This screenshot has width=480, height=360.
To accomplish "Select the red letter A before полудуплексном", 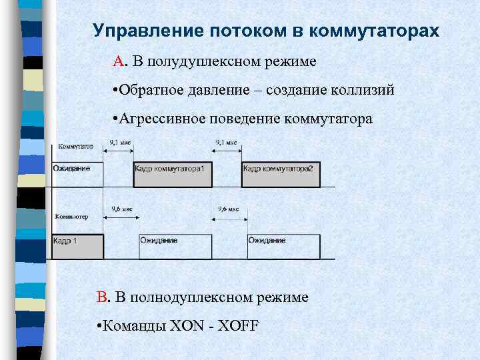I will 119,62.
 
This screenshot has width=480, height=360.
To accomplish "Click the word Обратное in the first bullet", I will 148,90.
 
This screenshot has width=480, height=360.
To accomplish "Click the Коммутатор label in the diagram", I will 75,146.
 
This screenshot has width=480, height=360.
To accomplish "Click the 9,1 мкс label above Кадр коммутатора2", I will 226,142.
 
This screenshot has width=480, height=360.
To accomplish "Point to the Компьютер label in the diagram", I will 72,217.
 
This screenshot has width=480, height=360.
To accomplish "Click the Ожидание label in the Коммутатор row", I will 72,169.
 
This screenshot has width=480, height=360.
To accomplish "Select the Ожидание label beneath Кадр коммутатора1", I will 159,240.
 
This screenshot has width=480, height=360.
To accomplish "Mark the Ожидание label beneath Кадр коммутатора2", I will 267,240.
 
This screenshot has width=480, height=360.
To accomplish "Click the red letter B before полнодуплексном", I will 102,297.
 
